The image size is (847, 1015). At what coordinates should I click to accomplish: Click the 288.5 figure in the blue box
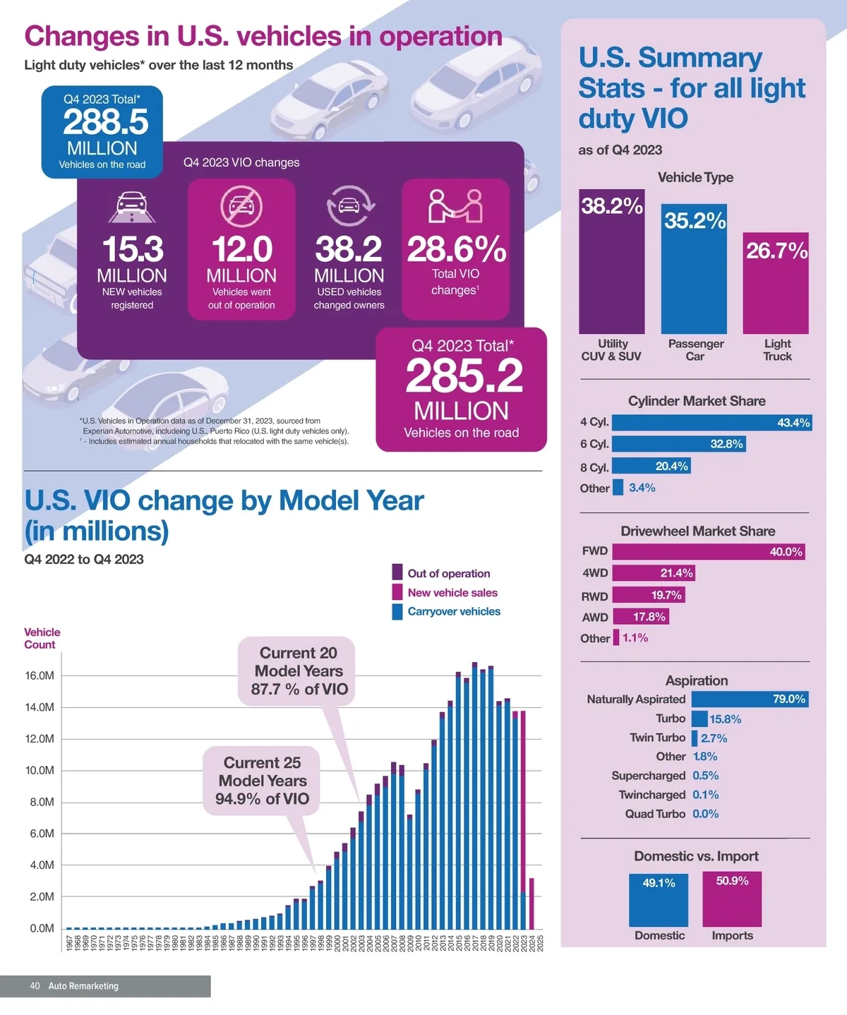click(x=105, y=122)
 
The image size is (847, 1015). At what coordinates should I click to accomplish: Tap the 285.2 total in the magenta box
click(x=464, y=376)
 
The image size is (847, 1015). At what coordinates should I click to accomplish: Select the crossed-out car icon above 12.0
click(x=241, y=205)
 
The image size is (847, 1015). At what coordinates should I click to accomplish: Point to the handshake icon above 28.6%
click(x=455, y=205)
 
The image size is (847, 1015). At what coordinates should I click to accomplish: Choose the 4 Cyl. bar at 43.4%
click(x=711, y=423)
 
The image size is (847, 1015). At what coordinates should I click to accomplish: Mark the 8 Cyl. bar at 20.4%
click(x=650, y=466)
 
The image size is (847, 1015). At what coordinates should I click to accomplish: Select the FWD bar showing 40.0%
click(x=708, y=552)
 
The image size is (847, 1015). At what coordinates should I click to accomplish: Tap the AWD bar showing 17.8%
click(x=640, y=617)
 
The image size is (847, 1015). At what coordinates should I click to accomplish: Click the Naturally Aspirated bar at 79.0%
click(x=749, y=699)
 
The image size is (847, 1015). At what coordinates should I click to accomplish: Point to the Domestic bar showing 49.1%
click(x=659, y=900)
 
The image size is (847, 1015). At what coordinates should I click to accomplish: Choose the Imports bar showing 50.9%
click(x=732, y=899)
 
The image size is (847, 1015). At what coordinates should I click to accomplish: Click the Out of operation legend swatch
click(x=397, y=572)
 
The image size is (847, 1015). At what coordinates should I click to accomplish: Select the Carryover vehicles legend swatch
click(x=397, y=611)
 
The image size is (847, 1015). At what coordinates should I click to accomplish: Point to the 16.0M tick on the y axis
click(x=40, y=675)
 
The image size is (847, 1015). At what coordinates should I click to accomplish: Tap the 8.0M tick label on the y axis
click(x=41, y=802)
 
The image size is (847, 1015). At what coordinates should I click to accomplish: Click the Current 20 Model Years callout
click(x=299, y=671)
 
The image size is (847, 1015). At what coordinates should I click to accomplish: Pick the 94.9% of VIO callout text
click(x=262, y=799)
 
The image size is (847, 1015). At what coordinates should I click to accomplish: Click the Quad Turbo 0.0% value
click(x=705, y=814)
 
